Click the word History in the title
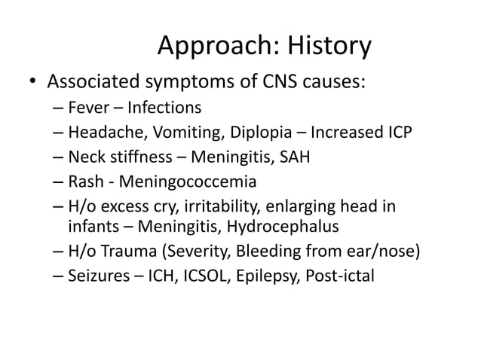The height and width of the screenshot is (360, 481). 327,47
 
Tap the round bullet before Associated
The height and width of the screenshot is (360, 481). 34,81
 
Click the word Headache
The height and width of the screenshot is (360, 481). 102,135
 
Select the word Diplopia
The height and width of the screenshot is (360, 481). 247,135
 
